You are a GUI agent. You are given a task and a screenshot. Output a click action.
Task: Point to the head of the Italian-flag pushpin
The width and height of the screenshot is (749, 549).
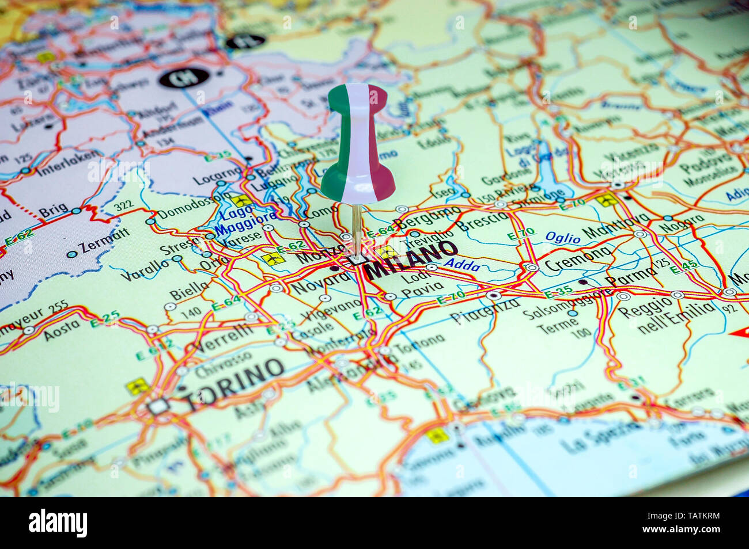(357, 144)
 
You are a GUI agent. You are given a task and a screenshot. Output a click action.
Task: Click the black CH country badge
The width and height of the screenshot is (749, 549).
(183, 78)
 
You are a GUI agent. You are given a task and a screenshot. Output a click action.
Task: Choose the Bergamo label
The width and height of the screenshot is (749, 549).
(426, 219)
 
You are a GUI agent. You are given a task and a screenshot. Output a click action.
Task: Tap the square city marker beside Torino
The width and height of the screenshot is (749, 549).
(157, 406)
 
